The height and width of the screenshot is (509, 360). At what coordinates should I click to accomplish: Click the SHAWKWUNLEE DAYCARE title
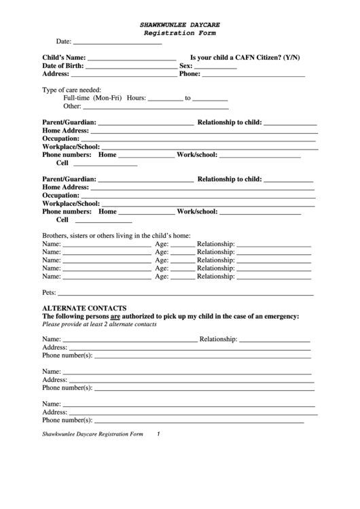[x=179, y=24]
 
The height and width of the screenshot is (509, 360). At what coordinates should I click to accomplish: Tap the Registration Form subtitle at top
[x=179, y=33]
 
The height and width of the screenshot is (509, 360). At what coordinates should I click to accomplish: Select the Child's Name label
[x=64, y=57]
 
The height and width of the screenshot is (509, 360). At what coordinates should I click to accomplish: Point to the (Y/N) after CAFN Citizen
[x=291, y=57]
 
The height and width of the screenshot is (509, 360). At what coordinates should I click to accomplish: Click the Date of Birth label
[x=63, y=66]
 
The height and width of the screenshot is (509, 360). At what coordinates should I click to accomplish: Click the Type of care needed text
[x=72, y=90]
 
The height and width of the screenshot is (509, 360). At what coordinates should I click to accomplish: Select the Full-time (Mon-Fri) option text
[x=92, y=98]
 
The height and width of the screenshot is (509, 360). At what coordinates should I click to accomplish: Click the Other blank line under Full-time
[x=156, y=107]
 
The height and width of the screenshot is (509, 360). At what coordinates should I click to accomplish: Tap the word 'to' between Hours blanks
[x=188, y=98]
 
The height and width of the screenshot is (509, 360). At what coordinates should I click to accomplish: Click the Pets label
[x=49, y=293]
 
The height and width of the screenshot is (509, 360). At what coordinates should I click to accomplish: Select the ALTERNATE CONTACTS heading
[x=84, y=308]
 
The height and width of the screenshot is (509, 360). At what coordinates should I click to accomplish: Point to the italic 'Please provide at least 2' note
[x=99, y=324]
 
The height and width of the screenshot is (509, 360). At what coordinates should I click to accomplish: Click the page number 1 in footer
[x=158, y=434]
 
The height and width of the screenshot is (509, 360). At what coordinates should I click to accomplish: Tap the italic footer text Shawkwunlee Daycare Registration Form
[x=92, y=434]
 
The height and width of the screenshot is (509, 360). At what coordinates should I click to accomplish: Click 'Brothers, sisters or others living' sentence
[x=116, y=235]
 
